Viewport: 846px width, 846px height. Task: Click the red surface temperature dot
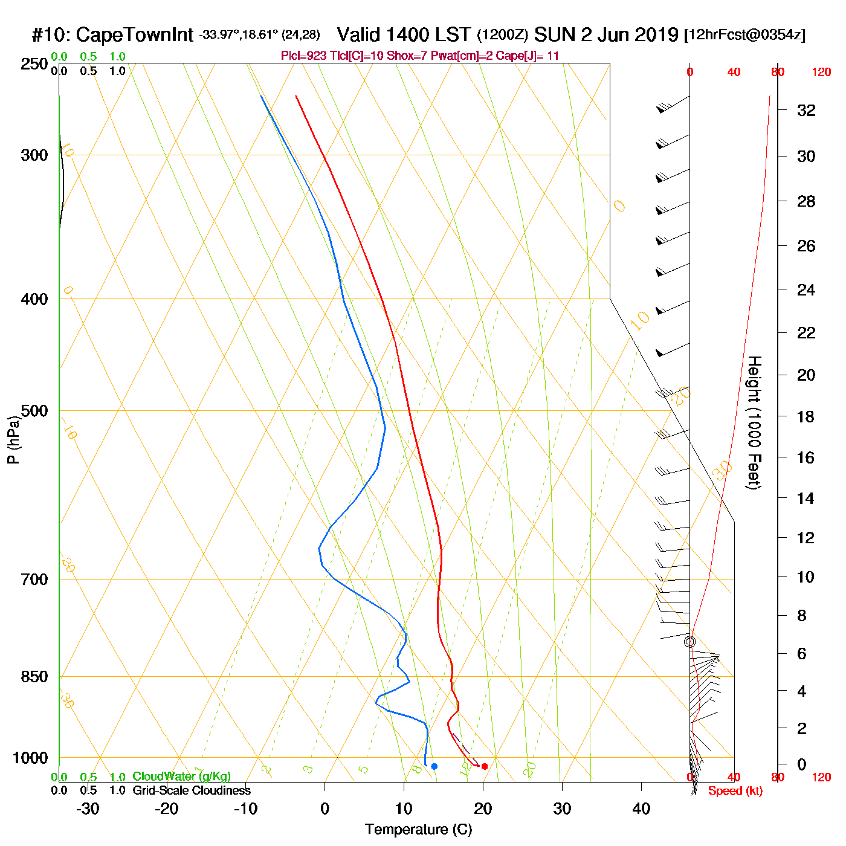point(484,766)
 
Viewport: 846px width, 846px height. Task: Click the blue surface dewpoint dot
point(434,766)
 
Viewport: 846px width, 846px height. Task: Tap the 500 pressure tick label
point(34,411)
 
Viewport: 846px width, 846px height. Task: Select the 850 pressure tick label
point(34,677)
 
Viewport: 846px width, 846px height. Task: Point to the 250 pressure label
point(34,64)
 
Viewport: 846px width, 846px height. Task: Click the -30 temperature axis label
point(88,809)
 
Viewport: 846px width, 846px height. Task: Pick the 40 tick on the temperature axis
point(641,809)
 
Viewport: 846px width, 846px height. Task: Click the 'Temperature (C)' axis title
point(418,830)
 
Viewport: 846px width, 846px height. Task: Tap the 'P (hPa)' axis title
point(13,439)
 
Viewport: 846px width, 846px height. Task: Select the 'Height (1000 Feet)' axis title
point(754,422)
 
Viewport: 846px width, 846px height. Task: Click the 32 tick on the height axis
point(806,110)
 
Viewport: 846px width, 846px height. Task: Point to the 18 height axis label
point(806,416)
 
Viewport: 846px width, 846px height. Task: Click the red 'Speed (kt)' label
point(735,791)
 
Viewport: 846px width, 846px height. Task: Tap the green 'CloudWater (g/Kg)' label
point(181,777)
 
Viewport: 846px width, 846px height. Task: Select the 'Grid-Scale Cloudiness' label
point(192,790)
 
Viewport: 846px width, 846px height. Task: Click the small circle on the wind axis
point(689,642)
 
